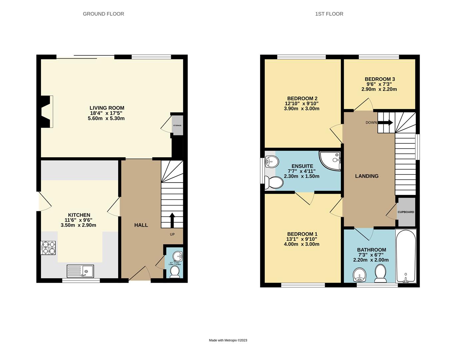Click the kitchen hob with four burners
point(48,248)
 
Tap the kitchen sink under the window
point(80,271)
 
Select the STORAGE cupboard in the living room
point(177,125)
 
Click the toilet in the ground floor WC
point(175,273)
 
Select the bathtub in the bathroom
point(405,256)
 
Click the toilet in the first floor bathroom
point(380,273)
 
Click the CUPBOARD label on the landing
point(406,212)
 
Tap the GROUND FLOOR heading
point(103,14)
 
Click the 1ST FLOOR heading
point(329,14)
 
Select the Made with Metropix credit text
point(228,340)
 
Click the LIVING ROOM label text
point(107,108)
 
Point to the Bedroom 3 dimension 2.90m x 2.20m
point(379,89)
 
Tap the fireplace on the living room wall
point(46,111)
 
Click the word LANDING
point(367,176)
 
